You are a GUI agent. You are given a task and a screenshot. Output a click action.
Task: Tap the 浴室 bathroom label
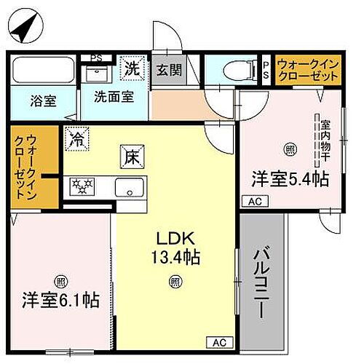pyautogui.click(x=44, y=102)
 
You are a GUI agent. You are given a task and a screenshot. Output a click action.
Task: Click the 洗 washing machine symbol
pyautogui.click(x=131, y=70)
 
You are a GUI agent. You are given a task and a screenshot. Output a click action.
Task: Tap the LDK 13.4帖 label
pyautogui.click(x=175, y=248)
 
